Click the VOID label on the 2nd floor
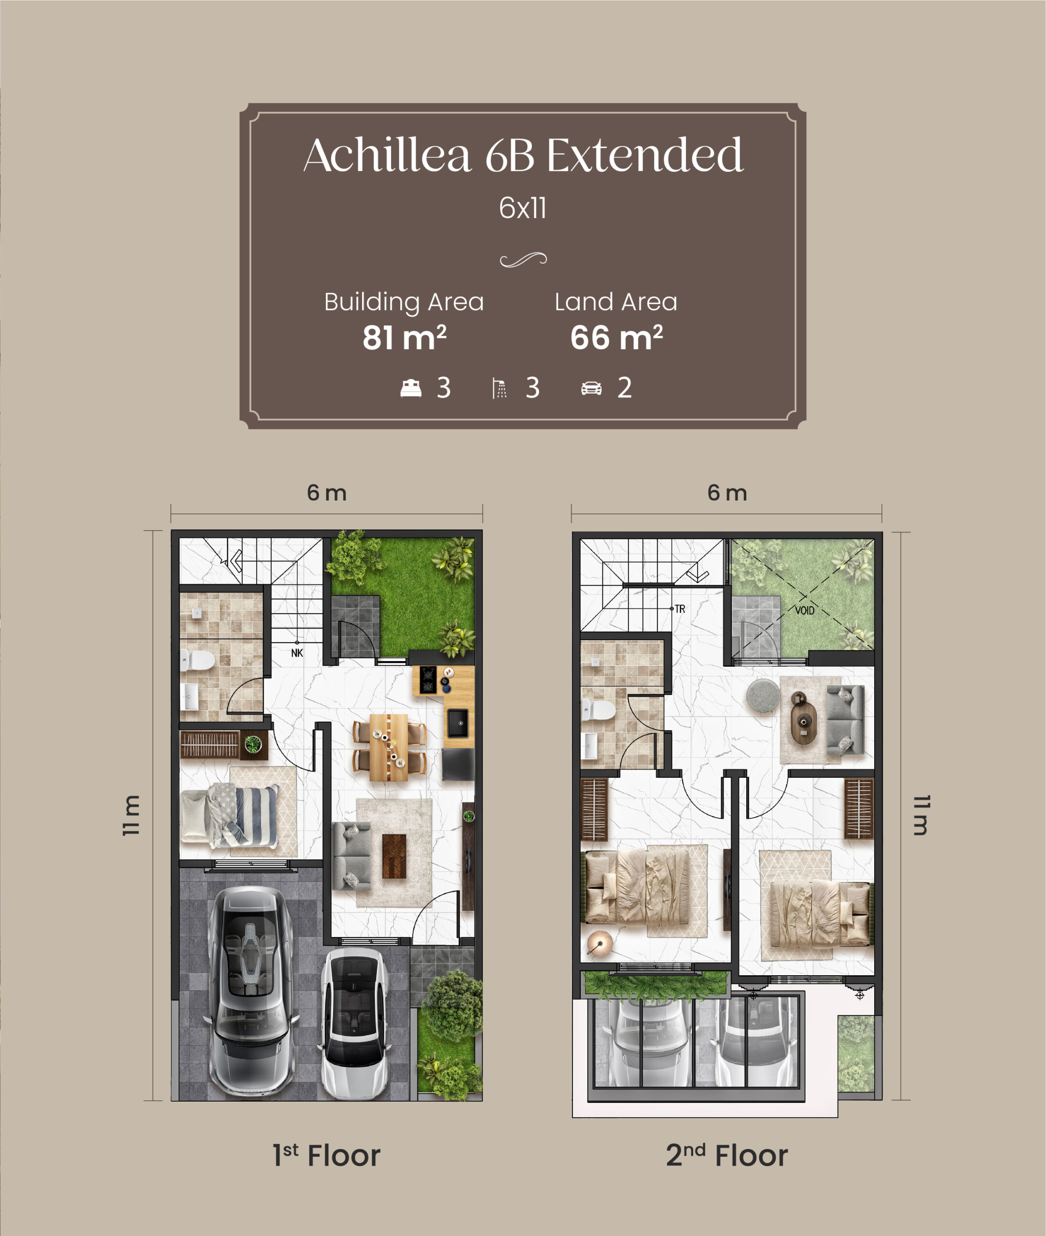(x=805, y=610)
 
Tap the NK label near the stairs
(x=297, y=653)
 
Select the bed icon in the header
(x=411, y=389)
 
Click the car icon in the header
(x=591, y=389)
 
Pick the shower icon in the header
(x=499, y=389)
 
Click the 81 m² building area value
(x=404, y=337)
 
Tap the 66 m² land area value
(x=617, y=337)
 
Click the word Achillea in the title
(x=387, y=155)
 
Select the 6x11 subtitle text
(x=522, y=208)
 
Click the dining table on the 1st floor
(x=389, y=747)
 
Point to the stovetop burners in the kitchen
(x=428, y=680)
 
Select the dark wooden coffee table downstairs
(x=394, y=856)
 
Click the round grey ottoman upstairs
(x=763, y=696)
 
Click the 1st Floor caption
(x=327, y=1156)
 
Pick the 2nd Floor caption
(x=727, y=1156)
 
